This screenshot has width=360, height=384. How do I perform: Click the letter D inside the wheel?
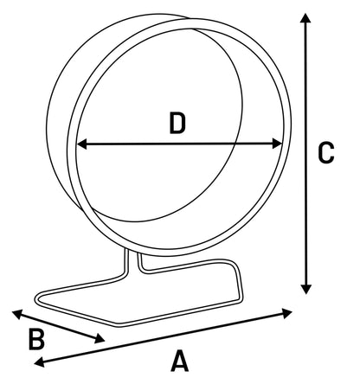click(x=177, y=124)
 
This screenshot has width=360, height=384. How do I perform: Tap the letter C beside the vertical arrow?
click(x=326, y=153)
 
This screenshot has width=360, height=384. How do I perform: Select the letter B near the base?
click(x=36, y=340)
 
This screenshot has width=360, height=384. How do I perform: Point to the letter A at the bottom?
click(x=179, y=361)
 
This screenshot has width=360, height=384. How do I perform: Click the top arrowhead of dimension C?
click(x=305, y=17)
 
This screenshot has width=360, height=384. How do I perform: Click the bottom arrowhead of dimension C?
click(x=305, y=289)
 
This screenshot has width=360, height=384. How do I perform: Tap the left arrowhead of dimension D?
click(x=81, y=144)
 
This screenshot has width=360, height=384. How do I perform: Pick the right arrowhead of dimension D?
click(x=277, y=144)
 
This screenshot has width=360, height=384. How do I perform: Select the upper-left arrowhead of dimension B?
click(x=17, y=314)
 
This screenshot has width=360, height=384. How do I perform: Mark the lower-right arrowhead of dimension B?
click(x=100, y=339)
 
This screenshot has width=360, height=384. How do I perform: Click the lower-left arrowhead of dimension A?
click(x=39, y=362)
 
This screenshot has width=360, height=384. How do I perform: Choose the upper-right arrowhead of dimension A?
click(x=287, y=313)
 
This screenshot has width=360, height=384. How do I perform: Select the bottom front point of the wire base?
click(x=119, y=325)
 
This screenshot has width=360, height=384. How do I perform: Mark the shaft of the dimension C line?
click(x=305, y=153)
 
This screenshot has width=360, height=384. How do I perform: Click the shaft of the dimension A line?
click(x=164, y=337)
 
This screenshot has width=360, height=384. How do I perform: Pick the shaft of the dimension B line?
click(x=58, y=327)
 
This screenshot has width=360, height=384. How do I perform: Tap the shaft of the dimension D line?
click(x=179, y=144)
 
